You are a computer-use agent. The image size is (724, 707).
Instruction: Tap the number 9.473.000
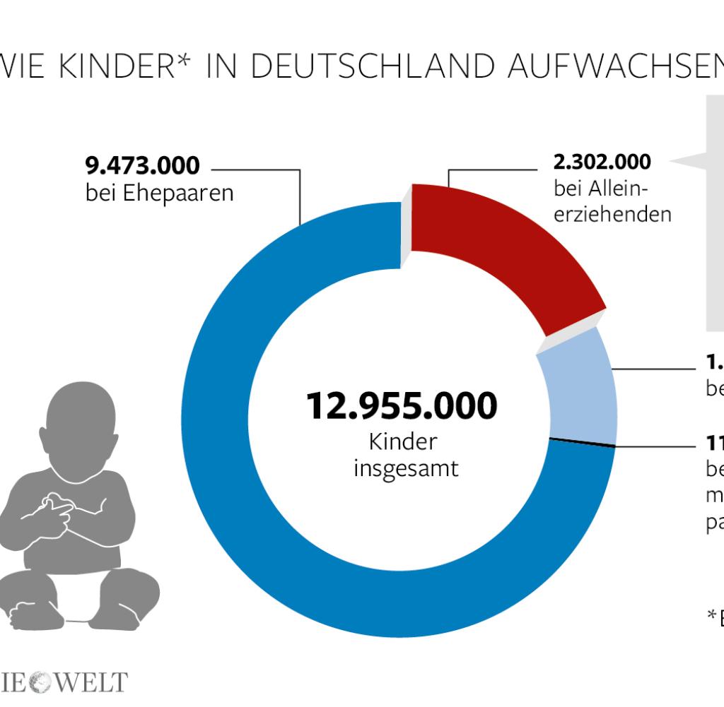tap(142, 165)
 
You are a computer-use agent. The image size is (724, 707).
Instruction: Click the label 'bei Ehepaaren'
tap(159, 193)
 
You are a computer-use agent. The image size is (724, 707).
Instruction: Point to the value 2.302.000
tap(602, 162)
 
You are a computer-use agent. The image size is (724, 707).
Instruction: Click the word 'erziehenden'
tap(612, 214)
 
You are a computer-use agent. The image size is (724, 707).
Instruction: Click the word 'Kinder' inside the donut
tap(403, 442)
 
